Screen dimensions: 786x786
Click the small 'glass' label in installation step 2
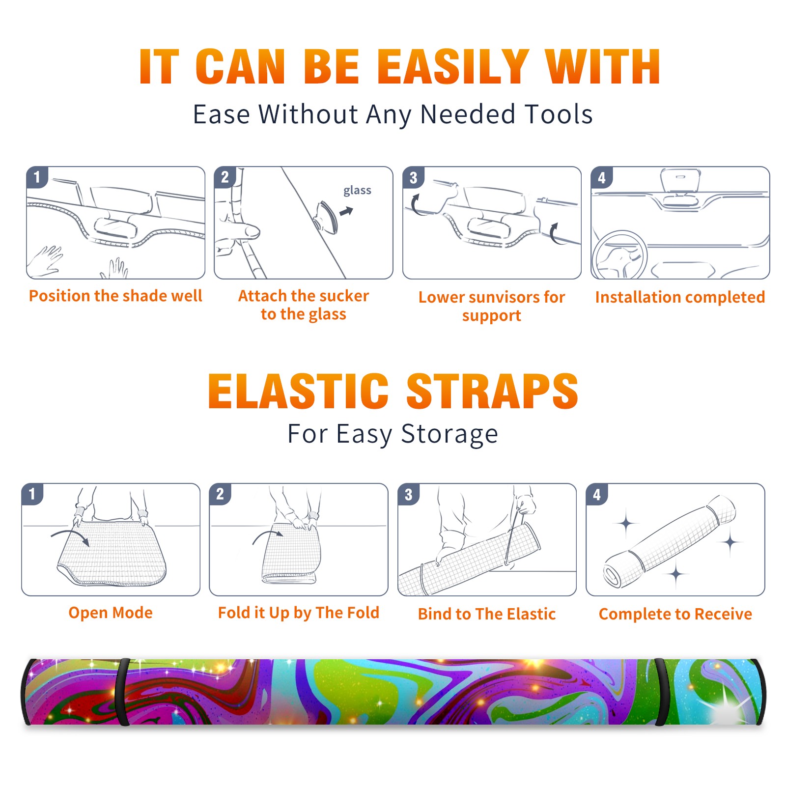pyautogui.click(x=357, y=190)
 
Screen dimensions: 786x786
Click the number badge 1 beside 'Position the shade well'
pyautogui.click(x=37, y=177)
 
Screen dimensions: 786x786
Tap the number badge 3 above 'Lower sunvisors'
pyautogui.click(x=414, y=177)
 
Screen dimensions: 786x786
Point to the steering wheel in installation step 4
pyautogui.click(x=619, y=255)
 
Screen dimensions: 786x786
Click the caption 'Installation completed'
pyautogui.click(x=680, y=297)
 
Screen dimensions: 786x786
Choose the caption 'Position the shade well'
pyautogui.click(x=115, y=296)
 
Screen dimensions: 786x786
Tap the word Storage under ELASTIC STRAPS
pyautogui.click(x=449, y=434)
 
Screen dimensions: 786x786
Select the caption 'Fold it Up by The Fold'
pyautogui.click(x=299, y=613)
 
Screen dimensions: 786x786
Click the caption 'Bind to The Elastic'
pyautogui.click(x=487, y=614)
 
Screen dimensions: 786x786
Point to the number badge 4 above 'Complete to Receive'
pyautogui.click(x=597, y=494)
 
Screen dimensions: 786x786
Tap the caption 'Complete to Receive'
pyautogui.click(x=675, y=614)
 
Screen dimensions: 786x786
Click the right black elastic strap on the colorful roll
pyautogui.click(x=662, y=692)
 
